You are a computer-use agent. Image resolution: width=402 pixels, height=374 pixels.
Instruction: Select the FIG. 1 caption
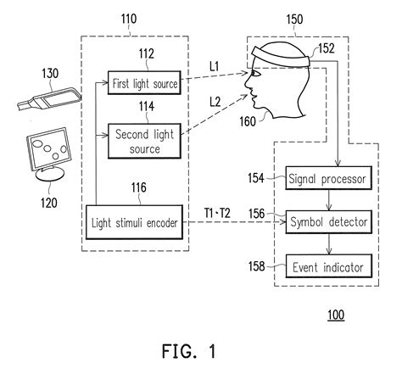[199, 351]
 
